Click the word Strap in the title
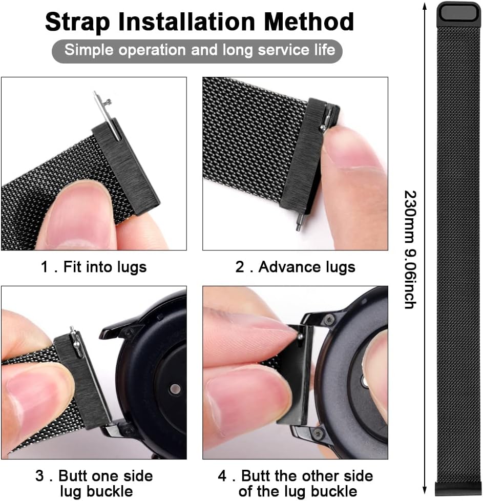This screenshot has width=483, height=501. [78, 23]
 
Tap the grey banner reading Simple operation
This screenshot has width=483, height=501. [197, 51]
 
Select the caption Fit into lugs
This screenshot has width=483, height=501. [105, 267]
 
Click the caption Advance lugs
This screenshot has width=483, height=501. [307, 267]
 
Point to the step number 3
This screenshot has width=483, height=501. [39, 475]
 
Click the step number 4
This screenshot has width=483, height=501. [223, 475]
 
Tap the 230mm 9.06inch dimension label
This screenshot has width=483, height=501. [410, 249]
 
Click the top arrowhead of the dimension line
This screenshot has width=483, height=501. [425, 6]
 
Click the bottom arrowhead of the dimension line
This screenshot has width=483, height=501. [425, 490]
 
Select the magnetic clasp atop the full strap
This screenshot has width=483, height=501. [459, 14]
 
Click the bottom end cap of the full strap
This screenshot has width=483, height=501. [457, 489]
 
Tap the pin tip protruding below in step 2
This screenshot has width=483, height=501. [299, 222]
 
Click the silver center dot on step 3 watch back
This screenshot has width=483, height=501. [175, 389]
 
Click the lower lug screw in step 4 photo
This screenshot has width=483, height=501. [319, 433]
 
